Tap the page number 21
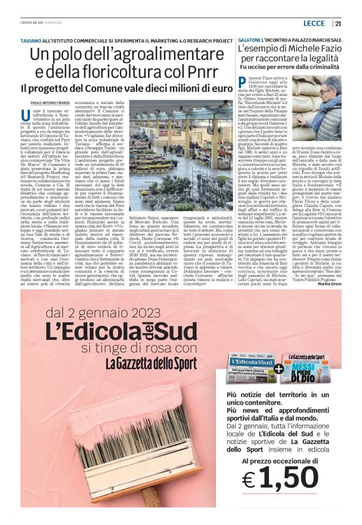(338, 24)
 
